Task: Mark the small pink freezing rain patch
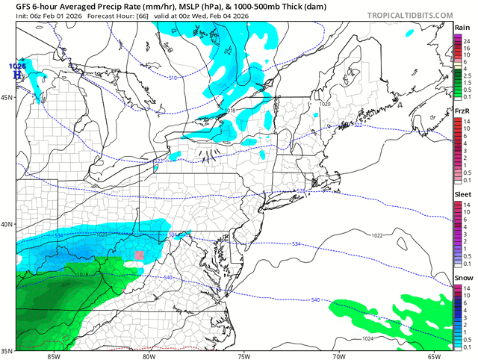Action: coord(138,255)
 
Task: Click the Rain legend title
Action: coord(462,28)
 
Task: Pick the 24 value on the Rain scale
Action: coord(466,37)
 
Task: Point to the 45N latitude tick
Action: coord(7,97)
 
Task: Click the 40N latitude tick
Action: coord(7,224)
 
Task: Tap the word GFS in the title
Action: coord(13,6)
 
